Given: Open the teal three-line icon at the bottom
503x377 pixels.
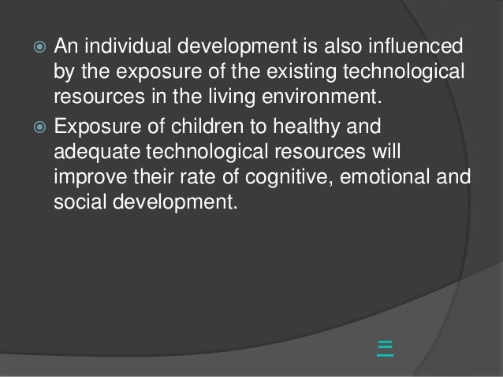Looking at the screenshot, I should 385,348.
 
